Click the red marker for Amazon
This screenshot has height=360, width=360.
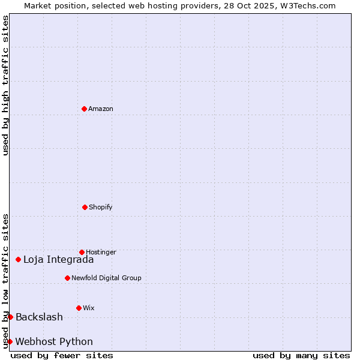[x=84, y=109]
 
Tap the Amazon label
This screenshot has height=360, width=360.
[x=101, y=109]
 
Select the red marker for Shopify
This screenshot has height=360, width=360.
[x=85, y=207]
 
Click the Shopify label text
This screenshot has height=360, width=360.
[x=101, y=208]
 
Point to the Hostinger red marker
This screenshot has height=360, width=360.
[x=82, y=252]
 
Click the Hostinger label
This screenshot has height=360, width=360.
[x=101, y=253]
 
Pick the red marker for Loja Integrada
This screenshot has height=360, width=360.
[x=18, y=259]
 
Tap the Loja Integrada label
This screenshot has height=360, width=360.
[x=58, y=260]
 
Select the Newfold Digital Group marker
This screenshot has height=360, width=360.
[x=67, y=278]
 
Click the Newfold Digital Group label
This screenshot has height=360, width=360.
[x=106, y=278]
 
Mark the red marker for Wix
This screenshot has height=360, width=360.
[x=79, y=308]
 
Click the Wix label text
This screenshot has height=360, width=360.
[x=89, y=308]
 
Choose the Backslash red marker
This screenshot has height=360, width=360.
[x=10, y=317]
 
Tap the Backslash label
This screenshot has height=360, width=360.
[x=39, y=317]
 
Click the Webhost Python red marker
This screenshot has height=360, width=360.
[x=10, y=341]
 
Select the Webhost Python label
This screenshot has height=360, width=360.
[x=54, y=342]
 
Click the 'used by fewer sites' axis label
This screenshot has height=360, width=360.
[x=62, y=355]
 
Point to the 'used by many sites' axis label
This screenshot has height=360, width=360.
[x=301, y=355]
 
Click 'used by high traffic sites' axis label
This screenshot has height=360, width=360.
[x=5, y=85]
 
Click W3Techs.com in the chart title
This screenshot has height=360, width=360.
[x=307, y=5]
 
